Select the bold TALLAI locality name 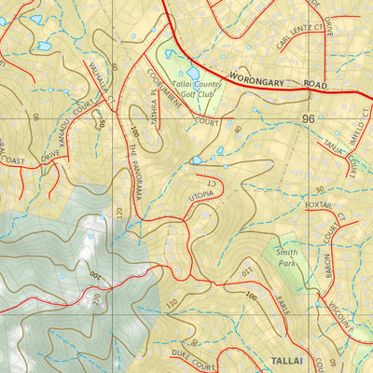[288, 359]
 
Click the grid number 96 [309, 119]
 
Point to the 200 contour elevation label [95, 278]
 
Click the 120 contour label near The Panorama [119, 213]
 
